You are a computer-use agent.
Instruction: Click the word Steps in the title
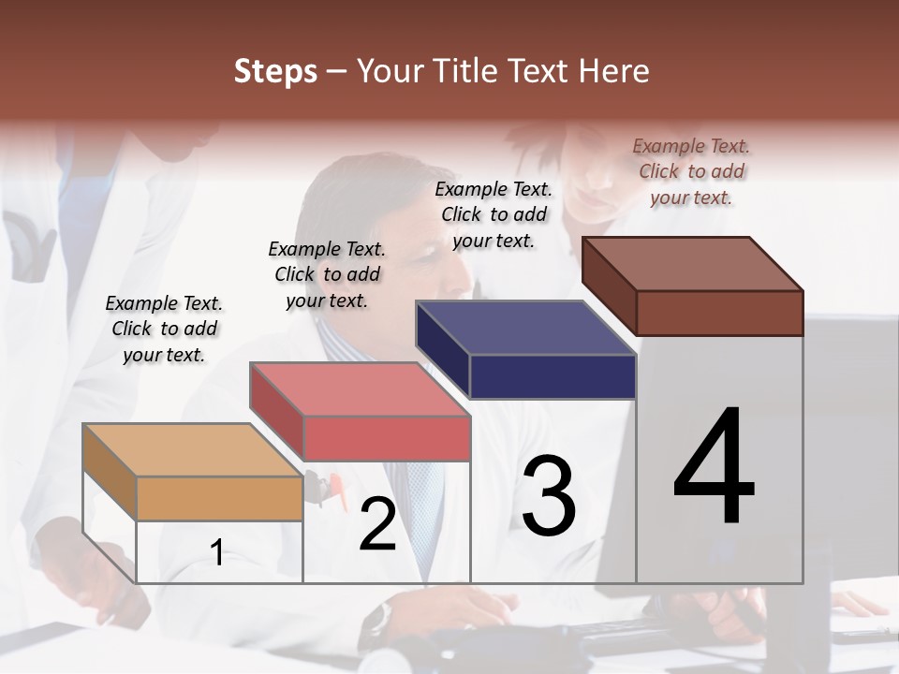275,71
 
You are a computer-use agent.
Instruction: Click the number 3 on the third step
549,495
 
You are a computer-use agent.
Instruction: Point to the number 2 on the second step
377,524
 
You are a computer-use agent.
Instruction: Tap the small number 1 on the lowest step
216,552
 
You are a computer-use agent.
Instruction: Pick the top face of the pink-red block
360,389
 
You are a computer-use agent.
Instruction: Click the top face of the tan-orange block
193,450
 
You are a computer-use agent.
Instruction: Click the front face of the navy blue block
553,376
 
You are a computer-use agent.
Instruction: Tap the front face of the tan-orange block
219,498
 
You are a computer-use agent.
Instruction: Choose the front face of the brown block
719,313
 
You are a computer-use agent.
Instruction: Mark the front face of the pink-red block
386,438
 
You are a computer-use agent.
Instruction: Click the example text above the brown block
691,171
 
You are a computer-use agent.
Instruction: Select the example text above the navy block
494,214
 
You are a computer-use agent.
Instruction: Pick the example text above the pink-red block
327,274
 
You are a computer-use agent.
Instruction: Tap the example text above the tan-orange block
164,329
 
